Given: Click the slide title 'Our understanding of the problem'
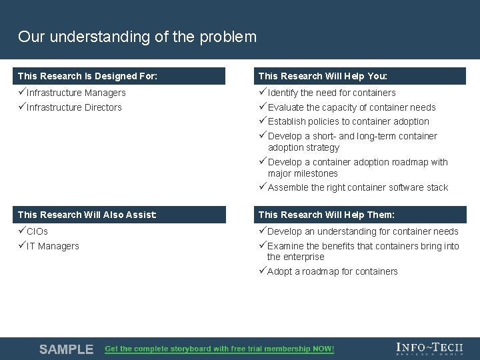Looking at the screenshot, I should tap(137, 37).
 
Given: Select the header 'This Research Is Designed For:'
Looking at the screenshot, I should tap(87, 76).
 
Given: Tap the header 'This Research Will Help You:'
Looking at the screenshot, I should tap(323, 76).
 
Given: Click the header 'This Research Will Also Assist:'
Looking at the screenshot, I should tap(87, 215).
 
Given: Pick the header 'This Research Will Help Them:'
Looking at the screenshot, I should tap(326, 215).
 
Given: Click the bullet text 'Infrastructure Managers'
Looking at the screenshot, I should tap(76, 93).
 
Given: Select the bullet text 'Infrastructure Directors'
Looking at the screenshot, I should tap(74, 107).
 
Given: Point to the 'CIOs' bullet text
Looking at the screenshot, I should tap(37, 231).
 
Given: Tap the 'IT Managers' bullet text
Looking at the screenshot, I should tap(53, 246).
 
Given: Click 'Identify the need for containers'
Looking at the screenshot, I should tap(331, 93).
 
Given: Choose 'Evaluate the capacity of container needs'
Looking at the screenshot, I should tap(351, 107).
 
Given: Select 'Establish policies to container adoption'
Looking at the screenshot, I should tap(348, 121).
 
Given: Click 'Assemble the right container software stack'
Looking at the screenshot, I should tap(357, 187).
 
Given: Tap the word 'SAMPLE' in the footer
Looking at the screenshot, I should tap(66, 349).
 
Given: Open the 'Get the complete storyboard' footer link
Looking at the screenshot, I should tap(219, 349).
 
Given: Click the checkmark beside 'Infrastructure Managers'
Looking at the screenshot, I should tap(22, 93).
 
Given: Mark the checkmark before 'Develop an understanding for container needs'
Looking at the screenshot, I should tap(262, 231).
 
